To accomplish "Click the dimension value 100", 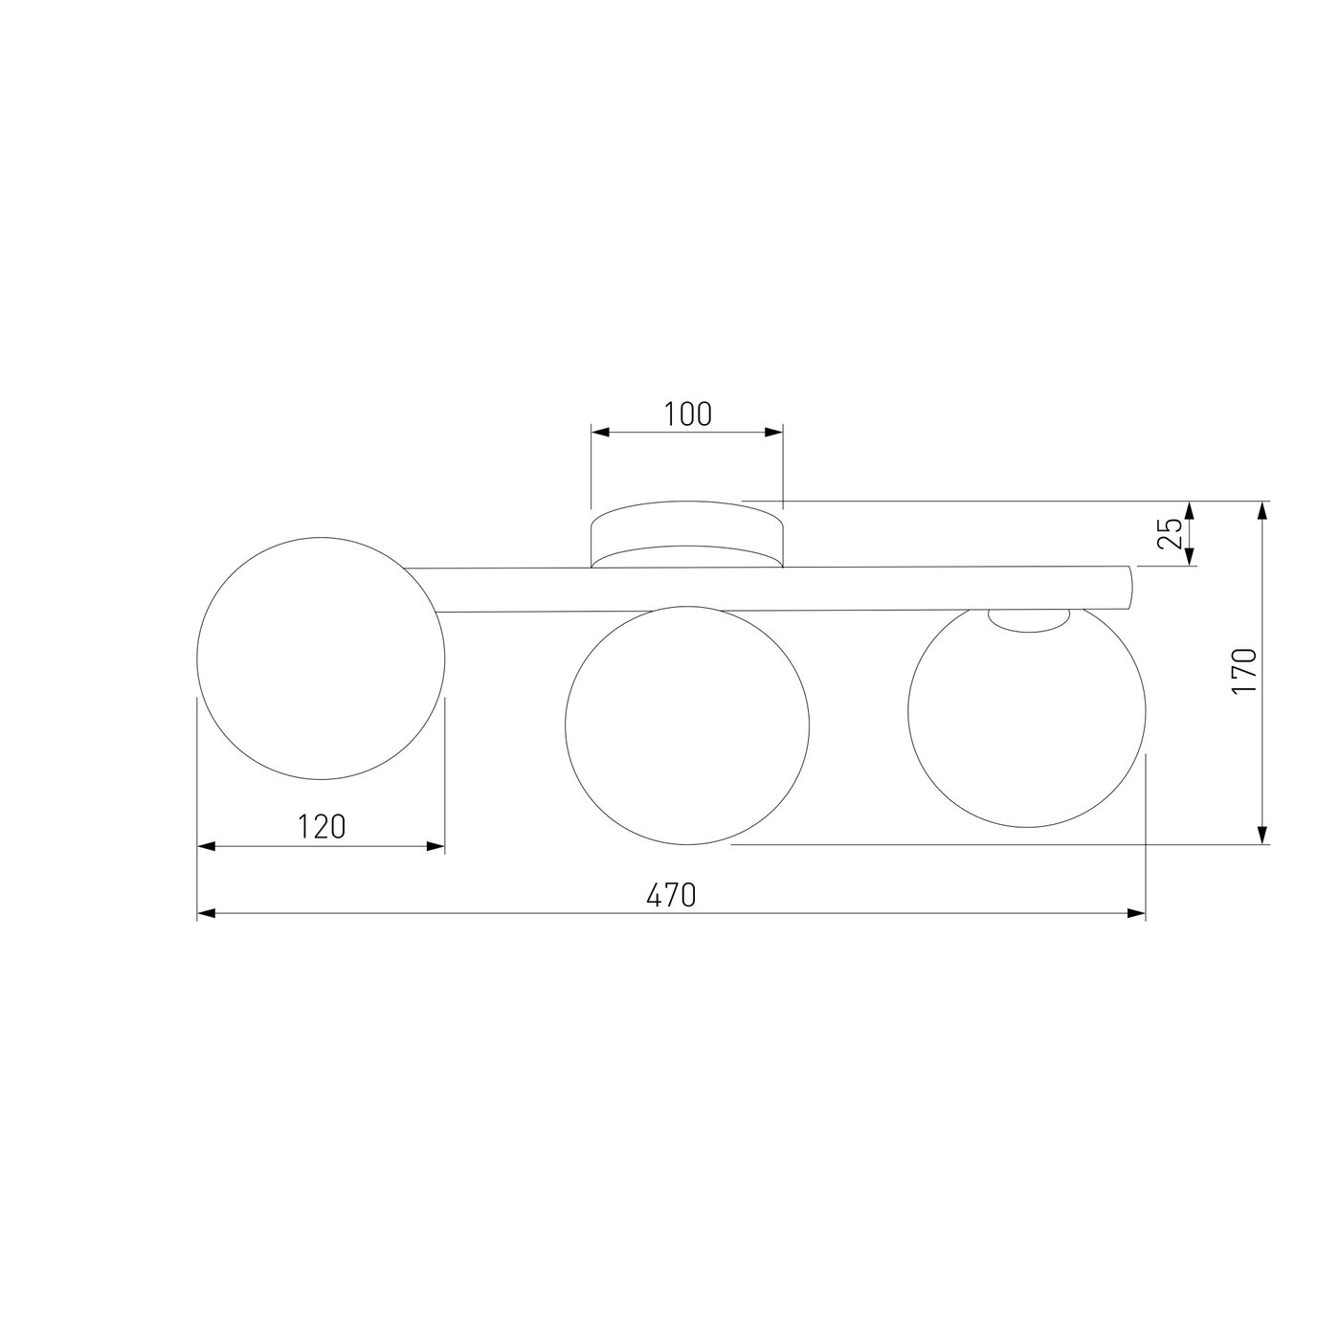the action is click(x=688, y=414).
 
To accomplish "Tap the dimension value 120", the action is click(x=322, y=827).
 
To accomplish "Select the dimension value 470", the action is click(x=671, y=895).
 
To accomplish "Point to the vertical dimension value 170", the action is click(x=1244, y=670).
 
